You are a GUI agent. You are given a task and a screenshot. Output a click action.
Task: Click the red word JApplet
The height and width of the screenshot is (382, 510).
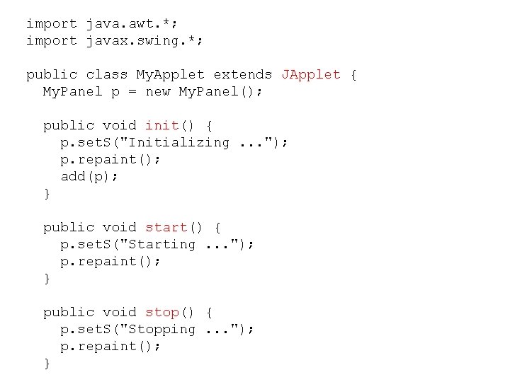(x=311, y=74)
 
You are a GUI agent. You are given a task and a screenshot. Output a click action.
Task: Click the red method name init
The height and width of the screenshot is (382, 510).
(x=162, y=125)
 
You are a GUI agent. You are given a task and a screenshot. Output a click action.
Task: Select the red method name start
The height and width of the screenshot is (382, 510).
(x=166, y=227)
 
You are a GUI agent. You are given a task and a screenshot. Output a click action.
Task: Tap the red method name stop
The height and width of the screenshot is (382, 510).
(x=162, y=312)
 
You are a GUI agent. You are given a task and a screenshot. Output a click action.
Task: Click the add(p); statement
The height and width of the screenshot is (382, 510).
(x=89, y=176)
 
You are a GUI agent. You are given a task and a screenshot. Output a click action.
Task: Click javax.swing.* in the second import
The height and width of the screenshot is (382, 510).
(x=144, y=40)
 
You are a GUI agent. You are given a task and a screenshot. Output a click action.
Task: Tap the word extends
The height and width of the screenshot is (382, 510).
(x=243, y=74)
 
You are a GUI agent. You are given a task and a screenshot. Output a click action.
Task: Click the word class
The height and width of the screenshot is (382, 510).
(x=106, y=74)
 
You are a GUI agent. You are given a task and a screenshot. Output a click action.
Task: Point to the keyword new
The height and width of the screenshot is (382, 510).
(x=158, y=91)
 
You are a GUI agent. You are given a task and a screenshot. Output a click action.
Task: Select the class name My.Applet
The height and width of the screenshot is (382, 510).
(x=171, y=74)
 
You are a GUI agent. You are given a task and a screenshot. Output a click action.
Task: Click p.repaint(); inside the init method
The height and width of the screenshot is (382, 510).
(x=110, y=159)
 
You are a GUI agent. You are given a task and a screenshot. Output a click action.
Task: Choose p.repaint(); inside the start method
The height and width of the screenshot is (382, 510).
(x=110, y=261)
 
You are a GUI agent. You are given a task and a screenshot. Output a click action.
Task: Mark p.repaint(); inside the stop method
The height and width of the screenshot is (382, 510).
(x=110, y=346)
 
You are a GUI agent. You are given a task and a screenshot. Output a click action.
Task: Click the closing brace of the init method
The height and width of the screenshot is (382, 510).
(x=47, y=193)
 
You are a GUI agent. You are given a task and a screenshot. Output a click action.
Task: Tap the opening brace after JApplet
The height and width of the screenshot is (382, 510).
(x=353, y=74)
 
